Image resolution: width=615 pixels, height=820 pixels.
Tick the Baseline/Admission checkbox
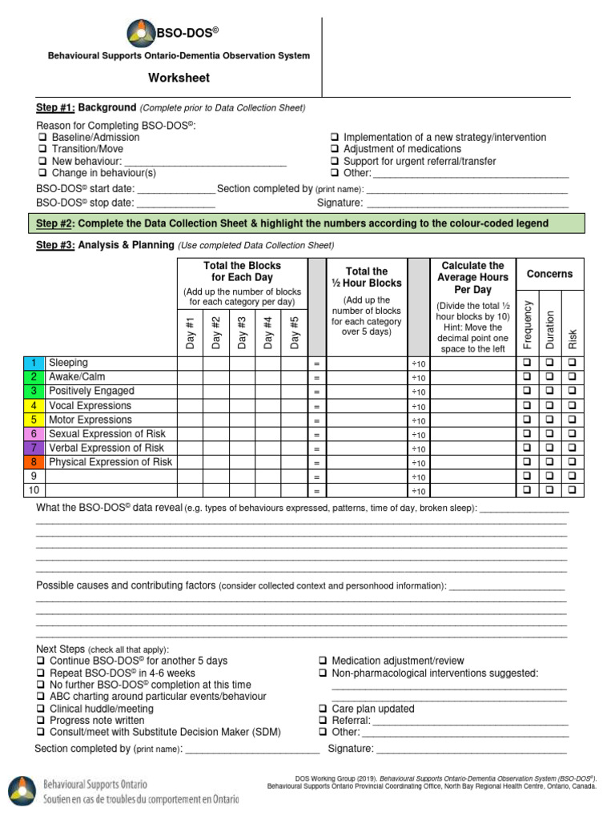[42, 138]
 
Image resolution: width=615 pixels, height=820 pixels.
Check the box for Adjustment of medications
[335, 150]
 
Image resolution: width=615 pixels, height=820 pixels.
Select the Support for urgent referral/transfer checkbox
[335, 161]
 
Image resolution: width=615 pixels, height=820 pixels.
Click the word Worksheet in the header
[179, 78]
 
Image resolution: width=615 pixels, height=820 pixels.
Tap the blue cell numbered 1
[34, 363]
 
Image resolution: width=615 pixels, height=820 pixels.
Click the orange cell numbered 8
[34, 462]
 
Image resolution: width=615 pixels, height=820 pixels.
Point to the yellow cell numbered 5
[34, 420]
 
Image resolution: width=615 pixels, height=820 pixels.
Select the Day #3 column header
[242, 332]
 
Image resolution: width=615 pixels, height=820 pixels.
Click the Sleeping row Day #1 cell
[190, 363]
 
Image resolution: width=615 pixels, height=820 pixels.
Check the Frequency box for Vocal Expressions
[527, 406]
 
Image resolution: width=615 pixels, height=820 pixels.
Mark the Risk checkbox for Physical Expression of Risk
[573, 462]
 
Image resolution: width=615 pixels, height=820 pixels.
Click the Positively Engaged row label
[91, 392]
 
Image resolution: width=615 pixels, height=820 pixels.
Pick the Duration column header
[549, 329]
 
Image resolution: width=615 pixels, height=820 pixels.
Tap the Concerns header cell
[549, 274]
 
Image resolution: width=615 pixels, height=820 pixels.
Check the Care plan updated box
[322, 709]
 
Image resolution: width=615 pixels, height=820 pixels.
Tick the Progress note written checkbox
[42, 721]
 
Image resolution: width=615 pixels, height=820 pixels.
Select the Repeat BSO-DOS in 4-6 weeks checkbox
[42, 673]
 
